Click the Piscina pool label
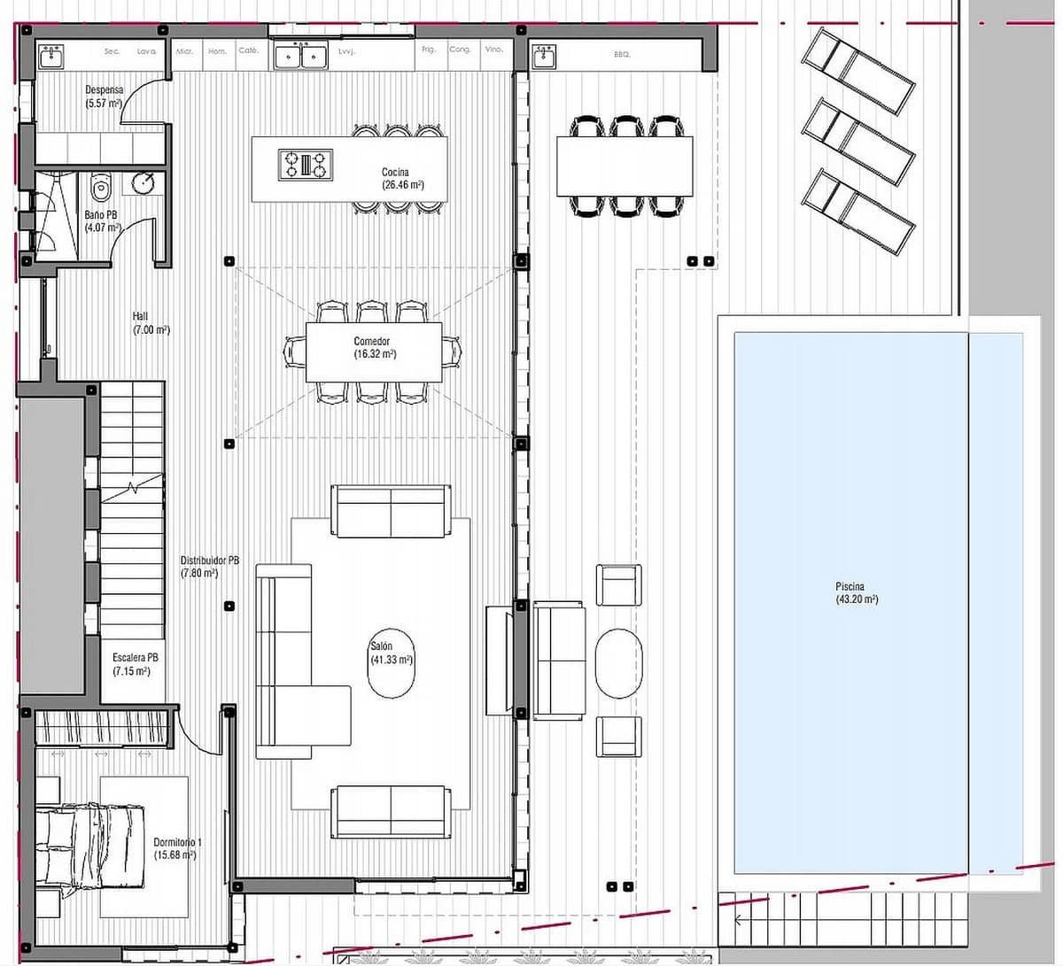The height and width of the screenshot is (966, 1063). tap(856, 592)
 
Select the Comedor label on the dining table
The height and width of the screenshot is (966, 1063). tap(374, 347)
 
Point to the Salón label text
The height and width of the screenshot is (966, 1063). tap(391, 653)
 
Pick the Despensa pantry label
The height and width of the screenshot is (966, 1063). tap(104, 96)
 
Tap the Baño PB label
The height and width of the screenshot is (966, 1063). tap(100, 220)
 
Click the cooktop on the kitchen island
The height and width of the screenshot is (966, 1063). tap(305, 165)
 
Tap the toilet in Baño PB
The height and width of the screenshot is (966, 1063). tap(99, 187)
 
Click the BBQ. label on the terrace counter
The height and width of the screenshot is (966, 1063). tap(622, 54)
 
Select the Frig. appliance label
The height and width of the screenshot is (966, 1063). tap(429, 50)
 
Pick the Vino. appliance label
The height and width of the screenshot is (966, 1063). tap(494, 50)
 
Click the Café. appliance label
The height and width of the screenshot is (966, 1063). tap(248, 50)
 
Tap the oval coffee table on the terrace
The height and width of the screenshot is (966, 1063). tap(618, 662)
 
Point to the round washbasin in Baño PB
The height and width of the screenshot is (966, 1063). tap(144, 183)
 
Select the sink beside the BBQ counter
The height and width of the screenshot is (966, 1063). tap(543, 58)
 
